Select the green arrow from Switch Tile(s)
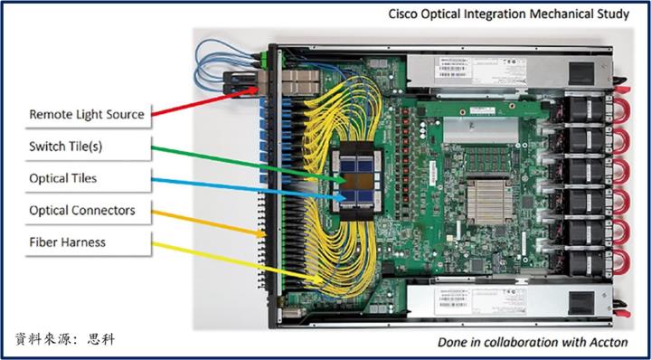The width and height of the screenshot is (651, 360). (244, 160)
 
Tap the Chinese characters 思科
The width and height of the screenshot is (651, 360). (100, 340)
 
